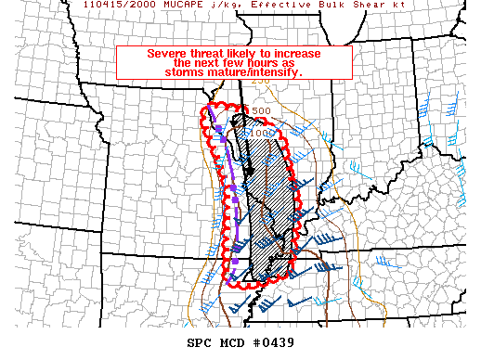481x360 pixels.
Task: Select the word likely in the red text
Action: click(242, 53)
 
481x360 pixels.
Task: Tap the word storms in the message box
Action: click(180, 71)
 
